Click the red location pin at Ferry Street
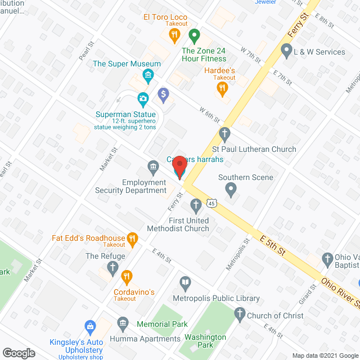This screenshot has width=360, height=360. point(179,167)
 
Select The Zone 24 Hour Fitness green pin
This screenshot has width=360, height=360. point(194,37)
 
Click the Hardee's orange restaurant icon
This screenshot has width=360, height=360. point(223,88)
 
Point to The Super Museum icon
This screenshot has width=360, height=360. point(147,75)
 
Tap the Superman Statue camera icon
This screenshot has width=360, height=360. point(143,100)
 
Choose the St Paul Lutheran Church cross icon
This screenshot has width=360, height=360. point(224,134)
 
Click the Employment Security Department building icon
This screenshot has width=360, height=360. point(152,166)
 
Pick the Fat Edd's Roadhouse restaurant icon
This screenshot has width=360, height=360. point(133,240)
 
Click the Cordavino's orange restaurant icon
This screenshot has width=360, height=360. point(127,276)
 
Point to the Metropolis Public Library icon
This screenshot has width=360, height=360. point(185,282)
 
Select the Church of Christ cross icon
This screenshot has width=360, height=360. point(240,314)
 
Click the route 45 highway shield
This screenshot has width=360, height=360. point(211,202)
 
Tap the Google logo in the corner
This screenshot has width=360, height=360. point(18,353)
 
